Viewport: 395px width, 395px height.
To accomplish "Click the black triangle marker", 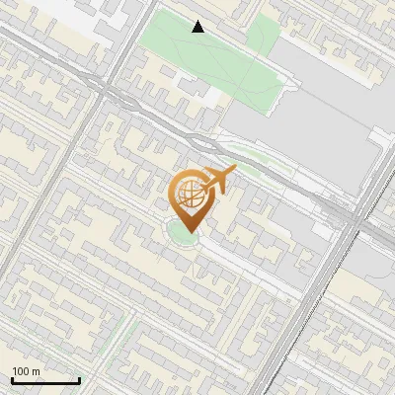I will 198,27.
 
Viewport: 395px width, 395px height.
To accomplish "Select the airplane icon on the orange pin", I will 220,180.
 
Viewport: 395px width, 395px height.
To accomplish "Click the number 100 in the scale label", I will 21,371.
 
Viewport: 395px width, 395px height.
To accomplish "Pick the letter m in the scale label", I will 36,371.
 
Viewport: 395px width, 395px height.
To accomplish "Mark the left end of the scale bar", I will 12,380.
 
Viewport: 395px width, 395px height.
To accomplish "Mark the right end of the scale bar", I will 79,380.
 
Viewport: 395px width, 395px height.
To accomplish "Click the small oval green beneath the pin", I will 182,234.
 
